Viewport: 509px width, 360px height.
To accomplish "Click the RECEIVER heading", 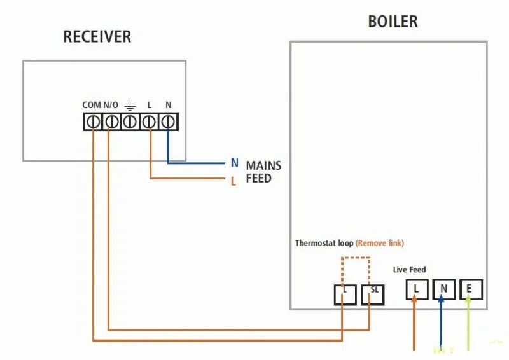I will pos(97,37).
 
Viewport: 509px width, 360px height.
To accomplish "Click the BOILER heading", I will pos(393,22).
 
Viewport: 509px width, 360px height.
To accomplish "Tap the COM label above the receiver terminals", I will pos(92,105).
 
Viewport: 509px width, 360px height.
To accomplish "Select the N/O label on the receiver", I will pos(111,105).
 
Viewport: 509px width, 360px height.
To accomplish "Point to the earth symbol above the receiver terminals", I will pos(130,105).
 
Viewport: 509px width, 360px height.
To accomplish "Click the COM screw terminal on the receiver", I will pos(92,121).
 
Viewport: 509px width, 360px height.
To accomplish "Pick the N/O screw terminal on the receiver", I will pos(111,121).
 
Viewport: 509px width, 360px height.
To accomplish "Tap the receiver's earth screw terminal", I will pos(130,121).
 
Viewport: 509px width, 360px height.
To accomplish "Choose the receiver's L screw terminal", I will pos(149,121).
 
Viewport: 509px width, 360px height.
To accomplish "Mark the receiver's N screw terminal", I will pos(168,121).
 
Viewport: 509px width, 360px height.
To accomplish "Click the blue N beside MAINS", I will pos(234,163).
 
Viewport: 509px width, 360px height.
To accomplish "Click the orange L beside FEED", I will pos(234,181).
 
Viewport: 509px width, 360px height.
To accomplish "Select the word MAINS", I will pos(263,165).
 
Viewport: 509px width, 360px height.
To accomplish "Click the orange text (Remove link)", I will pos(380,243).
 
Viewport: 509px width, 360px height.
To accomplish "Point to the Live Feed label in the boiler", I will pos(409,270).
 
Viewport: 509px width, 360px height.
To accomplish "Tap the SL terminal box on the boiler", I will pos(373,294).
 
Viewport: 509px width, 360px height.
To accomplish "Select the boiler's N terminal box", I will pos(443,289).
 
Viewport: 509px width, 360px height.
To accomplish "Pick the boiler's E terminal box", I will pos(470,289).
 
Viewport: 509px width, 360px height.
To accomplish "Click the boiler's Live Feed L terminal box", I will pos(417,289).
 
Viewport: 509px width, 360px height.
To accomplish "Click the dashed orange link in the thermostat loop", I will pos(356,258).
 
